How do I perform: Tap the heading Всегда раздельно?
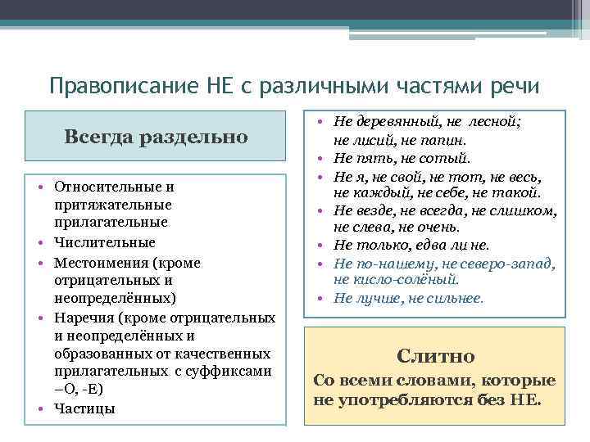(x=156, y=137)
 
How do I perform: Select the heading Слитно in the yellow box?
(x=435, y=355)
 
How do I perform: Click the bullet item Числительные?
(x=105, y=242)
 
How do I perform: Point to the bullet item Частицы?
(x=85, y=408)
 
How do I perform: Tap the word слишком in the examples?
(x=529, y=211)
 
